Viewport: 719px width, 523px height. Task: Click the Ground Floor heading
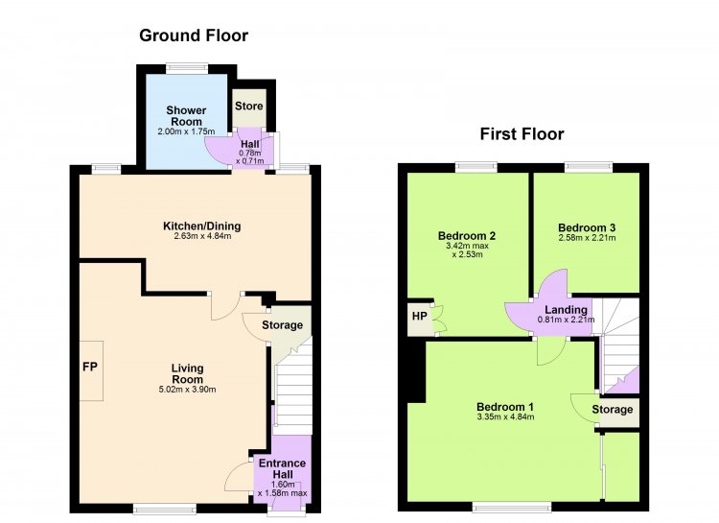[194, 36]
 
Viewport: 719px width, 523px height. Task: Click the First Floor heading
[522, 134]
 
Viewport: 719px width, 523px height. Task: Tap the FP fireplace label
[90, 367]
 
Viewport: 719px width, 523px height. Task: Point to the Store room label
[249, 107]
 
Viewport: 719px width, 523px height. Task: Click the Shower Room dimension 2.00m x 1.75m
[186, 131]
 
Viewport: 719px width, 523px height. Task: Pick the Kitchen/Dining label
[202, 226]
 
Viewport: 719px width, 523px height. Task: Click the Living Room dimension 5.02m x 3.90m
[187, 390]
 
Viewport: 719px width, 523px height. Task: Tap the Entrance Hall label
[283, 469]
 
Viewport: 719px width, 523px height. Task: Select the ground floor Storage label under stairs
[283, 325]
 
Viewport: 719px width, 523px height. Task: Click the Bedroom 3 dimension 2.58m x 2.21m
[587, 238]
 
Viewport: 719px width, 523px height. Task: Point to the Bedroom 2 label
[467, 236]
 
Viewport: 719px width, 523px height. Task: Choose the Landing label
[566, 310]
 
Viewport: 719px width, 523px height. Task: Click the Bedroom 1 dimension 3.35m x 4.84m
[505, 417]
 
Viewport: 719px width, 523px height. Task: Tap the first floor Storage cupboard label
[613, 409]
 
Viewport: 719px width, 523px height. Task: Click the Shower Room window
[187, 68]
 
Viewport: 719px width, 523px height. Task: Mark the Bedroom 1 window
[512, 507]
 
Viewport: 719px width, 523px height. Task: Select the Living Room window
[165, 509]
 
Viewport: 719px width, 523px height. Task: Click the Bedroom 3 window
[589, 167]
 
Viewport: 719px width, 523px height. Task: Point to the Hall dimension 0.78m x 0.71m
[250, 157]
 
